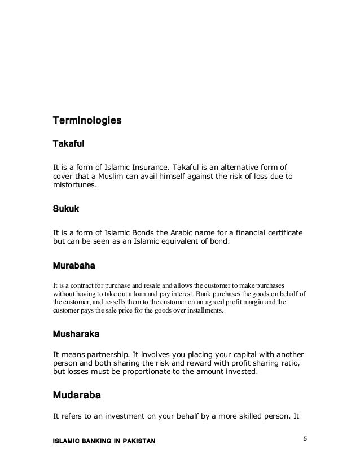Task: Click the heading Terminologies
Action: point(87,121)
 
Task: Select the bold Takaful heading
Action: point(68,144)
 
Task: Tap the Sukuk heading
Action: point(66,209)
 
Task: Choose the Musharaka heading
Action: point(76,334)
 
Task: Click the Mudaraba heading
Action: point(77,395)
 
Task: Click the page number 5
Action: point(305,437)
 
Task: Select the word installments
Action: point(204,310)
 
